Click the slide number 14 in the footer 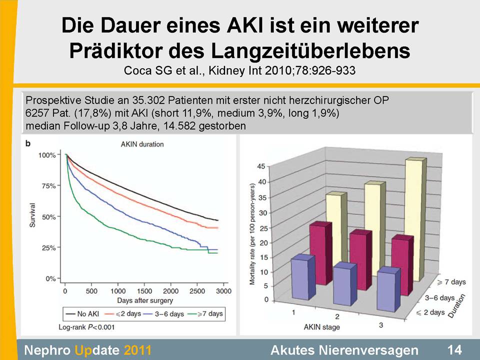[x=454, y=349]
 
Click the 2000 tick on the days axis [x=171, y=291]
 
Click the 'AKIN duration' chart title [x=142, y=144]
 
